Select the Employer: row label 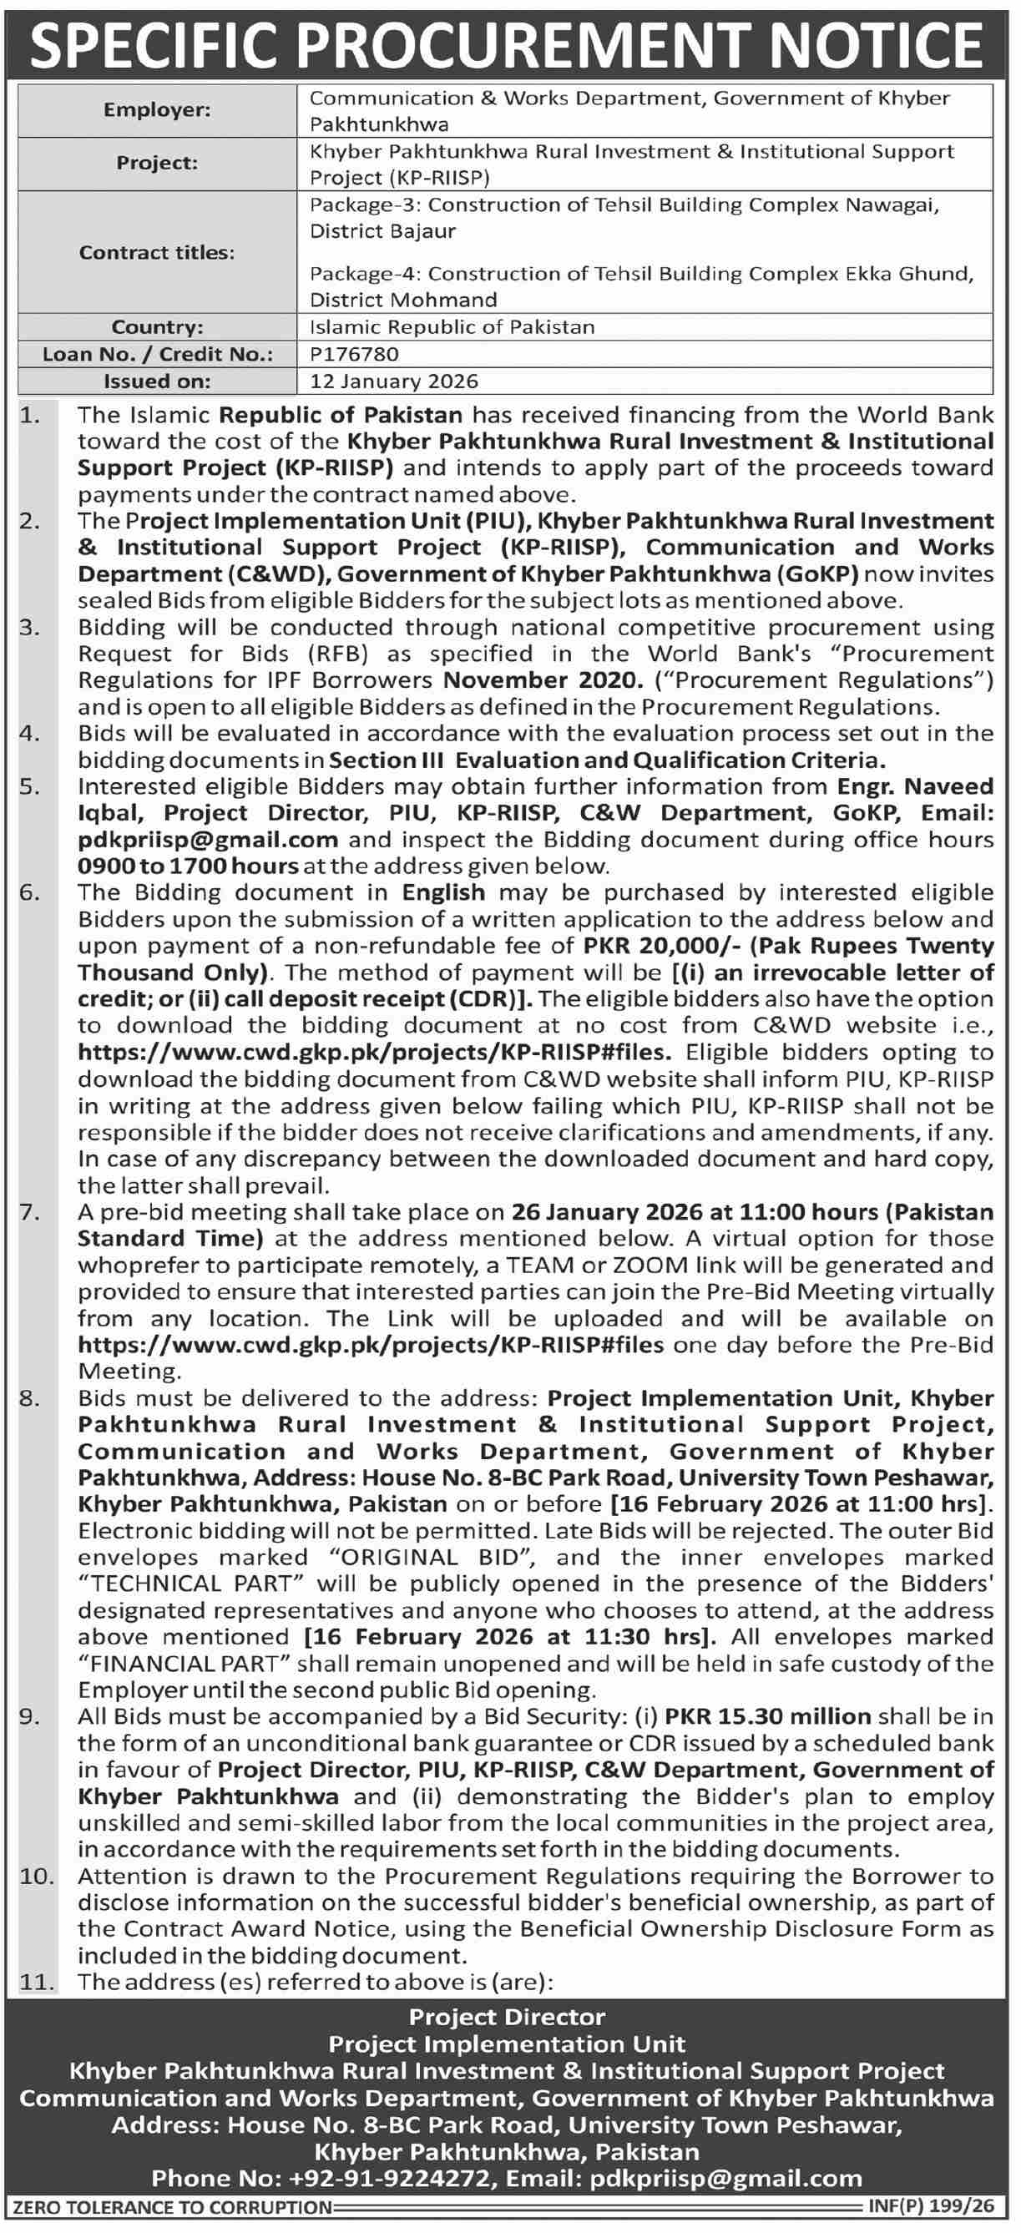(x=157, y=110)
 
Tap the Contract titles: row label (x=157, y=252)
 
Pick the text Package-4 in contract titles (x=363, y=274)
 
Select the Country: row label (x=157, y=326)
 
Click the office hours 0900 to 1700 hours (x=188, y=866)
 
